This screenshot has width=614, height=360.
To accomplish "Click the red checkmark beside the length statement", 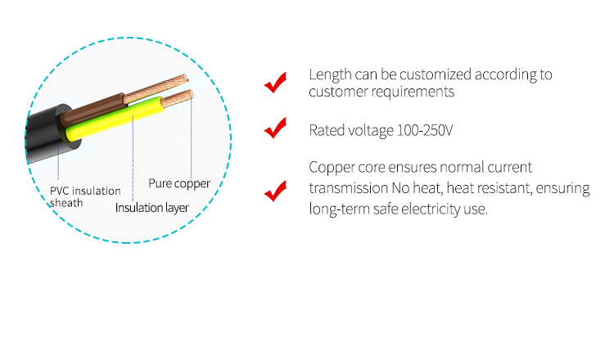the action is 275,83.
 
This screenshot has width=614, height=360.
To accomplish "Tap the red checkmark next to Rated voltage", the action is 275,128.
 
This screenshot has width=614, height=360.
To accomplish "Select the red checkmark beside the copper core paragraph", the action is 275,191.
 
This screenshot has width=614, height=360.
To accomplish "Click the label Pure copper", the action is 179,183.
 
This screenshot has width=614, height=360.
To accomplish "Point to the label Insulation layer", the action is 152,208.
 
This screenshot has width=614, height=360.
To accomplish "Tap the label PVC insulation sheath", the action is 85,197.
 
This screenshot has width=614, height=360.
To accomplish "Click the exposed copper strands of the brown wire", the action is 156,88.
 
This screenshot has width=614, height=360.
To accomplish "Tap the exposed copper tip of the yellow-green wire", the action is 178,98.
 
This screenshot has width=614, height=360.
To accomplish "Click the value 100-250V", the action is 425,130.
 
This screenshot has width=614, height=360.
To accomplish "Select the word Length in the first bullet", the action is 330,74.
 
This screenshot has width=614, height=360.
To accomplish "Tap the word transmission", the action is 349,188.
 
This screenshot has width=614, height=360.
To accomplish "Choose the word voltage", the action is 371,131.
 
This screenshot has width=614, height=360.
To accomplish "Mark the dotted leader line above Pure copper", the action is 191,137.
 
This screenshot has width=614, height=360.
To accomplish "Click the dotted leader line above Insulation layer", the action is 133,159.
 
